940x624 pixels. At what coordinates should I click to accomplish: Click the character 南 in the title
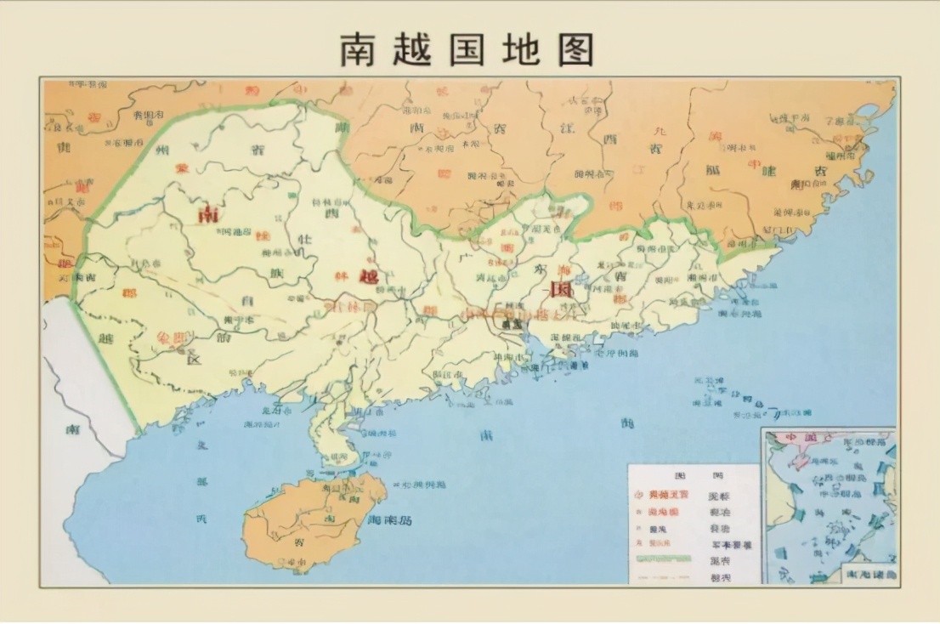pyautogui.click(x=362, y=49)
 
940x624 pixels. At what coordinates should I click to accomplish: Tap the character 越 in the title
pyautogui.click(x=418, y=49)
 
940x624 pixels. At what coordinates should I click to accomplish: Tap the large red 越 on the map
pyautogui.click(x=368, y=276)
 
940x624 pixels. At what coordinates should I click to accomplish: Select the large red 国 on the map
pyautogui.click(x=560, y=289)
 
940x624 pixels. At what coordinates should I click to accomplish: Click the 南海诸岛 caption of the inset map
pyautogui.click(x=867, y=575)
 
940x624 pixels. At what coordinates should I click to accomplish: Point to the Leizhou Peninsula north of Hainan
pyautogui.click(x=327, y=434)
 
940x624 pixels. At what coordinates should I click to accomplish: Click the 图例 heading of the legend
pyautogui.click(x=694, y=475)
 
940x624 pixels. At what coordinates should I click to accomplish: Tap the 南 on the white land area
pyautogui.click(x=73, y=429)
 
